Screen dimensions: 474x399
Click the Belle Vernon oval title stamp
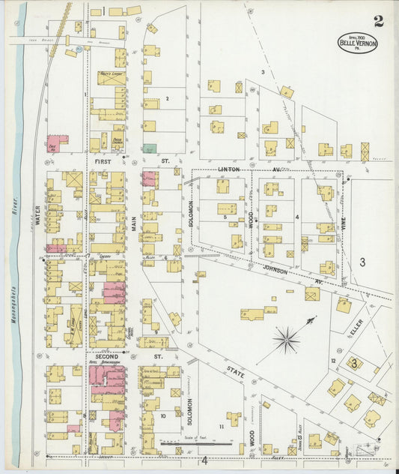(x=359, y=43)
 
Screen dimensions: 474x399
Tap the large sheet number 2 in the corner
(x=379, y=21)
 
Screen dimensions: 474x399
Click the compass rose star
(x=287, y=340)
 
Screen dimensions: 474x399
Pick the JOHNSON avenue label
(x=280, y=264)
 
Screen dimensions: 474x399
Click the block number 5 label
(x=225, y=217)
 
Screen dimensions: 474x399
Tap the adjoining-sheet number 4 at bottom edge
(x=203, y=460)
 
